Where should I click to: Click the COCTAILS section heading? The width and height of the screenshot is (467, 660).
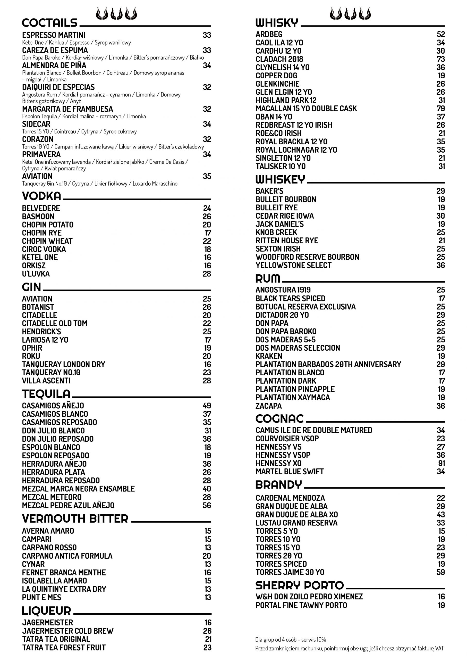point(49,23)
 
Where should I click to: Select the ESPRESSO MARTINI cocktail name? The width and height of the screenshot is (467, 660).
point(54,35)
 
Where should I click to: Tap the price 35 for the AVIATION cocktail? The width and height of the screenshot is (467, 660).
point(207,176)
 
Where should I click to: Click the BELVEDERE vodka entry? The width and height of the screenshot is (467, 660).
point(41,208)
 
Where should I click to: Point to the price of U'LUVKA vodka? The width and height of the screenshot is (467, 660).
point(207,274)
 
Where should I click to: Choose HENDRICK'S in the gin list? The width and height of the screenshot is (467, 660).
point(41,332)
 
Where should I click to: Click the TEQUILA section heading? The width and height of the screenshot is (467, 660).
point(46,394)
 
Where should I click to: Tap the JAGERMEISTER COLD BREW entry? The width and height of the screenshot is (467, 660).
point(67,631)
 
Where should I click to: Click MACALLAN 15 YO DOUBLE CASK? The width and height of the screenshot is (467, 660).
point(306,109)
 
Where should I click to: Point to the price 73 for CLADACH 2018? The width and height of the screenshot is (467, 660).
point(440,59)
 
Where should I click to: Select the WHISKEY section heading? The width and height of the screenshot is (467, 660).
point(280,180)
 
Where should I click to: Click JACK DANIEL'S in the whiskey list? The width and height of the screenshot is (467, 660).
point(279,224)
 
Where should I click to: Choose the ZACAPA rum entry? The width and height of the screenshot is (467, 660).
point(269,406)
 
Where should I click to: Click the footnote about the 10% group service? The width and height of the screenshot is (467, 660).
point(291,640)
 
